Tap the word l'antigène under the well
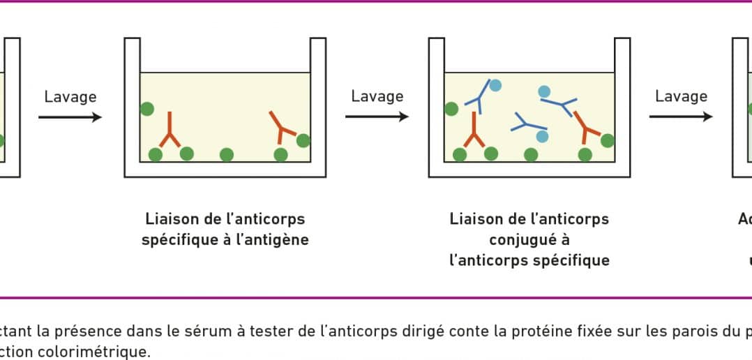[277, 240]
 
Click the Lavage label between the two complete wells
[377, 96]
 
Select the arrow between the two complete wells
[377, 117]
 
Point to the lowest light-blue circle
[542, 136]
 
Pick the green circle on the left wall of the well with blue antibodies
[451, 109]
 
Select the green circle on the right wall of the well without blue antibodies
[303, 140]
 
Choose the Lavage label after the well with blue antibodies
[681, 96]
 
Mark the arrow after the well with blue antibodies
[681, 117]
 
